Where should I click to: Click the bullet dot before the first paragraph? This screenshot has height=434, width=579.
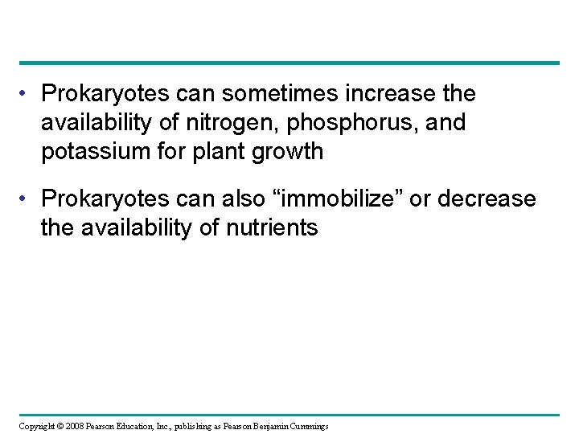pos(27,95)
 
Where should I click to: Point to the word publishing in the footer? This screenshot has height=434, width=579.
pos(179,425)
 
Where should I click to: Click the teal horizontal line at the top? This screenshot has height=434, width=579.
pos(289,63)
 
